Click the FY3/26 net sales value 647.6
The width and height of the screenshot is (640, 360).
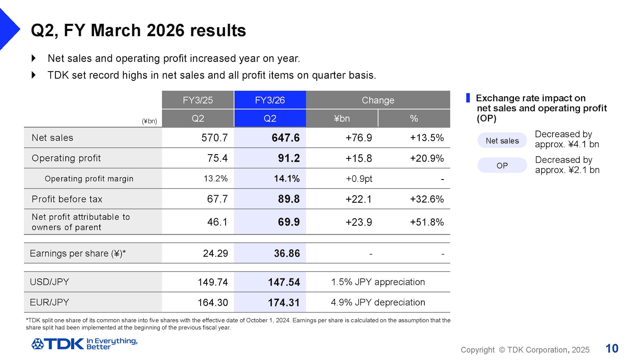pos(285,138)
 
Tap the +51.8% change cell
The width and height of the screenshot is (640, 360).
pos(427,222)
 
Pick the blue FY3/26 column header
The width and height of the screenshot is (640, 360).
pos(270,100)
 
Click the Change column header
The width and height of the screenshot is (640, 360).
pos(378,100)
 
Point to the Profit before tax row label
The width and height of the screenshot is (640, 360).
pos(67,199)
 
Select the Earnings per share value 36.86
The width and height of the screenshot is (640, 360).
pos(287,253)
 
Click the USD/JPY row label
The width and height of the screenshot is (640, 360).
pos(49,282)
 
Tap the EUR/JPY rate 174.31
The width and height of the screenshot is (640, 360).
pos(283,302)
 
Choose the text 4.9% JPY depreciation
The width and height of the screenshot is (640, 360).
pos(378,302)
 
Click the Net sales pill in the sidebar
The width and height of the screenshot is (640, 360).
pos(502,141)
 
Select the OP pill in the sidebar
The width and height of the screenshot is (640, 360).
pos(502,165)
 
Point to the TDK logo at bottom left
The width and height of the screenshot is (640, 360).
pos(58,344)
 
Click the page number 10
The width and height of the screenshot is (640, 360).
pos(612,348)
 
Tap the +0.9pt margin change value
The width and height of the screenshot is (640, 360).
pos(359,179)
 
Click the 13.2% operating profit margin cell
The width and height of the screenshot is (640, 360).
pos(215,179)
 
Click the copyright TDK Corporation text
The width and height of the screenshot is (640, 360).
pos(525,350)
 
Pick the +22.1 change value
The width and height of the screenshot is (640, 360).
pos(358,199)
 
